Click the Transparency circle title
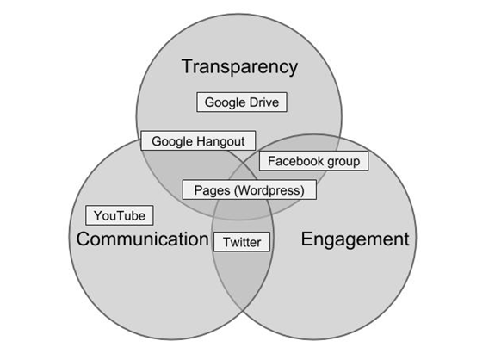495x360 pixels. pos(239,67)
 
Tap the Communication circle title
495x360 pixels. pos(142,239)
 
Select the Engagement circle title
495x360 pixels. pos(356,239)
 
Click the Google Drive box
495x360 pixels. pos(242,102)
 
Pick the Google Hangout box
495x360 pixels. pos(198,141)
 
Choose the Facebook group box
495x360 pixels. pos(314,161)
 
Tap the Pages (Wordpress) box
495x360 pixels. pos(250,190)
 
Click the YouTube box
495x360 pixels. pos(120,215)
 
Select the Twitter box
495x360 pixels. pos(242,242)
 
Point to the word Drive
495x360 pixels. pos(264,102)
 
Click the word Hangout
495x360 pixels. pos(220,141)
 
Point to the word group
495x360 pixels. pos(343,162)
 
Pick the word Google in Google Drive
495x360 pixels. pos(225,102)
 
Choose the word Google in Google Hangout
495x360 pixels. pos(172,141)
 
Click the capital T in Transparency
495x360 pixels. pos(188,66)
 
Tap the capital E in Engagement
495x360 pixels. pos(306,239)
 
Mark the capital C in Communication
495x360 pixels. pos(84,239)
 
